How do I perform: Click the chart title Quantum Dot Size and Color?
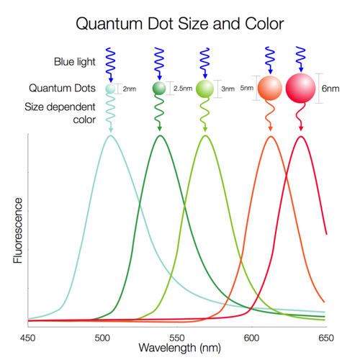coord(180,23)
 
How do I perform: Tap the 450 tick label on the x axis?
coord(27,336)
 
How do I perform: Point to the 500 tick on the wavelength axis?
coord(102,336)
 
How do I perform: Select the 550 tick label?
coord(176,336)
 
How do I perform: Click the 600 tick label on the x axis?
coord(251,336)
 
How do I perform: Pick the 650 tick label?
coord(325,336)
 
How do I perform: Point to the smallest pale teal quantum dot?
coord(110,89)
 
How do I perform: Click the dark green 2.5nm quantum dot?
coord(159,89)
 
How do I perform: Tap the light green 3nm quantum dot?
coord(206,89)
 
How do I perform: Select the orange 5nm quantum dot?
coord(271,88)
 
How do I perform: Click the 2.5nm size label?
coord(184,89)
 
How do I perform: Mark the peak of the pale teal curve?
coord(110,135)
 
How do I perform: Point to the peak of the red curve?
coord(301,136)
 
